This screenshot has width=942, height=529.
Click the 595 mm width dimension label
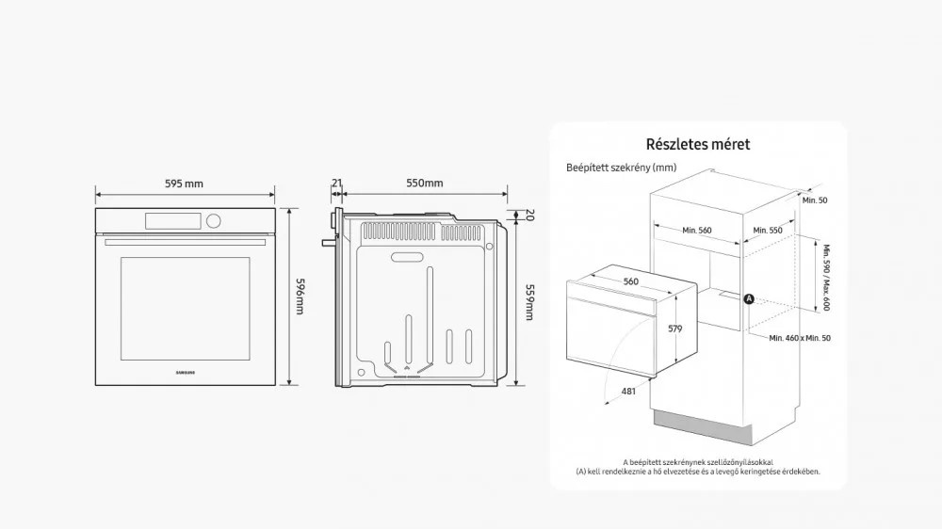[x=184, y=184]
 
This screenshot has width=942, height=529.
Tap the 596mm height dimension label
[x=300, y=296]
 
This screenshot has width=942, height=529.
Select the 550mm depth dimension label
[x=424, y=183]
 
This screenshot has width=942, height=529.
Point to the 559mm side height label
[x=529, y=302]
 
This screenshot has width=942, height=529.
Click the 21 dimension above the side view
[x=336, y=183]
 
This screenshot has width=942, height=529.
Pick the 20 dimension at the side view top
[x=529, y=215]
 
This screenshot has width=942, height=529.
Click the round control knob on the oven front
[x=213, y=221]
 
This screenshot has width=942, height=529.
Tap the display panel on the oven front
[x=173, y=221]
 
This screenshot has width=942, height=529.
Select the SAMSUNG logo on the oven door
[x=185, y=373]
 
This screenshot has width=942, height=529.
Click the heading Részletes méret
[x=698, y=144]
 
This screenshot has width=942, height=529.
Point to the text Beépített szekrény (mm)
[x=621, y=168]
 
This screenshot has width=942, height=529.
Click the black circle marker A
[x=749, y=298]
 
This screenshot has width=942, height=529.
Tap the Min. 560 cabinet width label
[x=697, y=230]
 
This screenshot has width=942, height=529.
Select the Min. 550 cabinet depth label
[x=768, y=230]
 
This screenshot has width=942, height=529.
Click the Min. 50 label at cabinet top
[x=815, y=200]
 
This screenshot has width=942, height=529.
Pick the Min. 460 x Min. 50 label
[x=800, y=338]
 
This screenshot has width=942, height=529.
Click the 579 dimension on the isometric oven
[x=675, y=329]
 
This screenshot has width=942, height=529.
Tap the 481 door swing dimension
[x=628, y=391]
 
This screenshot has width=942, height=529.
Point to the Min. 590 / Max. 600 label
[x=826, y=278]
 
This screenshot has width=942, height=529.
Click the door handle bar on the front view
[x=185, y=243]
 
